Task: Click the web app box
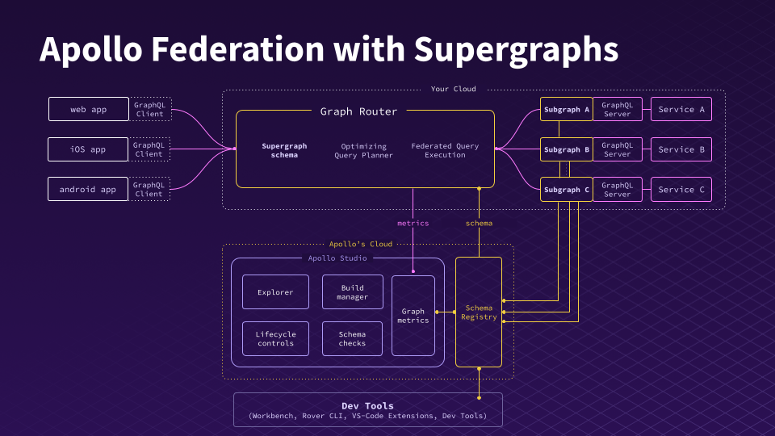coord(89,109)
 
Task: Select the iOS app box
coord(89,149)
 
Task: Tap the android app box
coord(89,190)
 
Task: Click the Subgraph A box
coord(567,109)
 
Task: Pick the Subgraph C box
coord(567,190)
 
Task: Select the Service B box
coord(681,149)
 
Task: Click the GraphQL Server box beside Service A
coord(618,109)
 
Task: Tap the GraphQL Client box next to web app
coord(149,109)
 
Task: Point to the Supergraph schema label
coord(284,150)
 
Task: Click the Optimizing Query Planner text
coord(364,150)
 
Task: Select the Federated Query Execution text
coord(445,150)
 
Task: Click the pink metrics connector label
coord(413,223)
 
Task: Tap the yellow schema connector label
coord(479,223)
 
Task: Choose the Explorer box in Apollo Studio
coord(275,292)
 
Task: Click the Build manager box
coord(352,292)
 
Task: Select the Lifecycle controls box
coord(275,339)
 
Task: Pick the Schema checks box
coord(352,339)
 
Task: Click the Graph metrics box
coord(413,316)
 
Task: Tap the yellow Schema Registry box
coord(479,312)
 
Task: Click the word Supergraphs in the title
coord(517,50)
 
